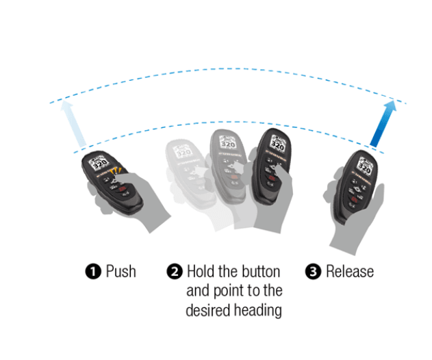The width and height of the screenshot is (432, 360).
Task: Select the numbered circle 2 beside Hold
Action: point(175,272)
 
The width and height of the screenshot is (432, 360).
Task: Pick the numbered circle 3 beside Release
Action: point(314,272)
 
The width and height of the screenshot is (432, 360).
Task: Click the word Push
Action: point(120,272)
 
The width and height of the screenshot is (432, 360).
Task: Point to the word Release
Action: point(350,272)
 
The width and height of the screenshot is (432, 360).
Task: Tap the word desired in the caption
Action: point(208,310)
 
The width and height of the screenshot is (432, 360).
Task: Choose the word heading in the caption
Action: point(257,310)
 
